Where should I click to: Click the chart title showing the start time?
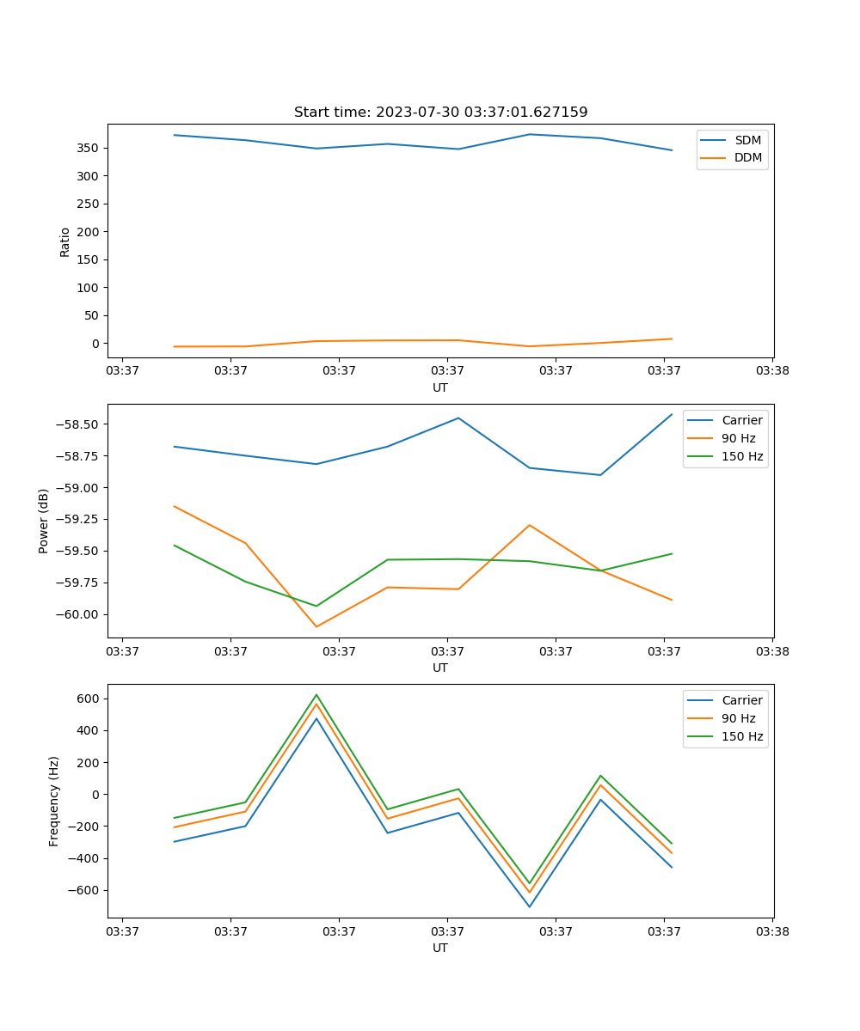tap(440, 113)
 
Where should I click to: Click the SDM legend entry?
tap(747, 140)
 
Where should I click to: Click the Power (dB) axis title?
tap(44, 521)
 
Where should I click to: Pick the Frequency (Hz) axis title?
tap(54, 801)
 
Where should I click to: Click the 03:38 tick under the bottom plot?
tap(772, 930)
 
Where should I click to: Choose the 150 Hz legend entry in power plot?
tap(742, 456)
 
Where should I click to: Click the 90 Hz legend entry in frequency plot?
tap(739, 718)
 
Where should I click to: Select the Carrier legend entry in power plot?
tap(741, 420)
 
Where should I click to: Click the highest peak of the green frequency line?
tap(316, 694)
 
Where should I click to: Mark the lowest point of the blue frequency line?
tap(529, 906)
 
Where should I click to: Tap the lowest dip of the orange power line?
tap(316, 626)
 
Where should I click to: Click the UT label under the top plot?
tap(440, 387)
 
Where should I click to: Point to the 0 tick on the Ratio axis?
tap(95, 343)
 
